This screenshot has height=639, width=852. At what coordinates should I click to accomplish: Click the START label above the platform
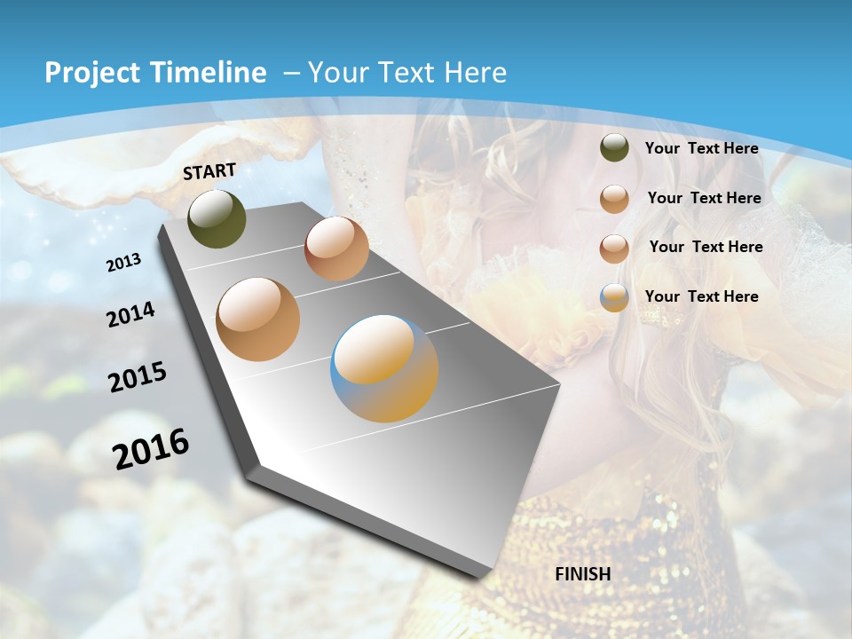point(209,171)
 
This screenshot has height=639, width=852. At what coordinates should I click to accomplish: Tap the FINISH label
point(583,574)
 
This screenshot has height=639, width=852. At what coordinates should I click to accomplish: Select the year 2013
point(124,262)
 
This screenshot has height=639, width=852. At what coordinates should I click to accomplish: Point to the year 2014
point(131,314)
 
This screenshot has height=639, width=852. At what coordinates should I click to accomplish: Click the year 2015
point(138,377)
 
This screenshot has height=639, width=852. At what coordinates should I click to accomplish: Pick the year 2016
point(151,448)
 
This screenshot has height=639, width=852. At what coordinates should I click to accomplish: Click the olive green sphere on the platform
point(217,218)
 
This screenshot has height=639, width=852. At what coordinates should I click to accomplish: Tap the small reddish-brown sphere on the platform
point(336,248)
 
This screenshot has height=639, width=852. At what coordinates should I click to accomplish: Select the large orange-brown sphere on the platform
point(258,319)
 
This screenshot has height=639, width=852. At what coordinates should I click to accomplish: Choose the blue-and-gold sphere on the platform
point(384,368)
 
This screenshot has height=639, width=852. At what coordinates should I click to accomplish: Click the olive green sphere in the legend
point(614,147)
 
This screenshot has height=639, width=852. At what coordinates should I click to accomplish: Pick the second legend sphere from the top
point(614,199)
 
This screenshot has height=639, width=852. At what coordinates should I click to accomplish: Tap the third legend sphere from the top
point(614,248)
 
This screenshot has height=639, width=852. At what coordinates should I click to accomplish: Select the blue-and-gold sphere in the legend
point(614,297)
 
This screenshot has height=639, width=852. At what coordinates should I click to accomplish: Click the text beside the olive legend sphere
point(701,149)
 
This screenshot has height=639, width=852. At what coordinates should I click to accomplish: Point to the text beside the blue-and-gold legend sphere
point(701,296)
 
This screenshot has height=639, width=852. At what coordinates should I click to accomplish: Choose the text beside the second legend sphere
point(704,198)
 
